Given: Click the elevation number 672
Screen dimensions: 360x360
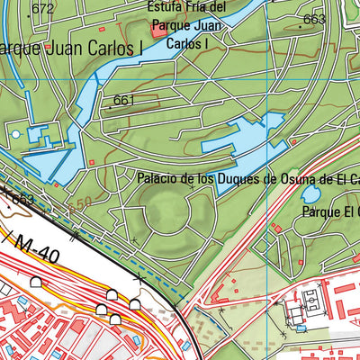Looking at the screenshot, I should coord(42,10).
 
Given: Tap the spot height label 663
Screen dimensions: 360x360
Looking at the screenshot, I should coord(314,19).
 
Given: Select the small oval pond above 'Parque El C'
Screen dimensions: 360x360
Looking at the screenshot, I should coord(310,193).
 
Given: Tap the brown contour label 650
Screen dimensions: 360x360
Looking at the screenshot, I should coord(79,206).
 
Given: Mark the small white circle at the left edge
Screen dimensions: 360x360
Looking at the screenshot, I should coord(14,134).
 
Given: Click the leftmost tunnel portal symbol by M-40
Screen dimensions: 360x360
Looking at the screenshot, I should coord(35,283).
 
